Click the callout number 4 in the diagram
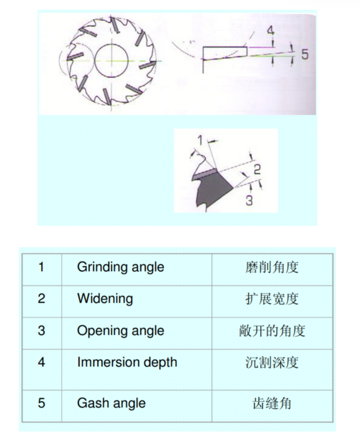(270, 30)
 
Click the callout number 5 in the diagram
(305, 54)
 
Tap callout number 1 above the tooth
(200, 140)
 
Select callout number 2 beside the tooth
(257, 170)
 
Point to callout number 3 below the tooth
(249, 200)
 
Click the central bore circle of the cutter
(111, 60)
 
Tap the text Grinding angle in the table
(120, 267)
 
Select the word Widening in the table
(105, 298)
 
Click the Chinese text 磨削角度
(272, 267)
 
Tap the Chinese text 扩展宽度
(272, 298)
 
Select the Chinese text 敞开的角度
(272, 330)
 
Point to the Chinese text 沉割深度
(272, 362)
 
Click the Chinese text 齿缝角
(272, 403)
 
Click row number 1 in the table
(41, 267)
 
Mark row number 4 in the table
(41, 362)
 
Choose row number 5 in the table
(41, 403)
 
